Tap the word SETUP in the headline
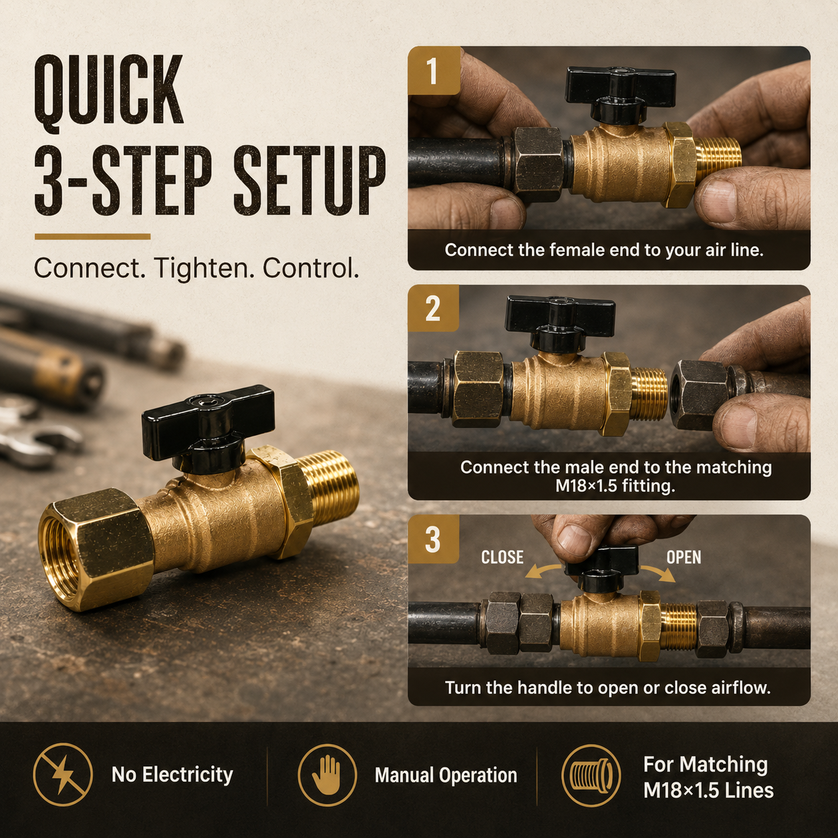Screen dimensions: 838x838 (309, 180)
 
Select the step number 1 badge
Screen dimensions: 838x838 (434, 71)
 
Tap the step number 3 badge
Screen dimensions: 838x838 (433, 539)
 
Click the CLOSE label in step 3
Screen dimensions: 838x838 (503, 557)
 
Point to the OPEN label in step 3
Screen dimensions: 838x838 (684, 557)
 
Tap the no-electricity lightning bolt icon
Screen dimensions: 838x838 (63, 775)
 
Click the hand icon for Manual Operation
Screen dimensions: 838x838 (327, 775)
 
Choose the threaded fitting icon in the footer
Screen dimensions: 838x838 (591, 775)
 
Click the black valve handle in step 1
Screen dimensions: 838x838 (621, 94)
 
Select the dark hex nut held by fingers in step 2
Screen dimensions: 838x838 (698, 395)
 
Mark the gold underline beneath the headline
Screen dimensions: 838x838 (93, 237)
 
